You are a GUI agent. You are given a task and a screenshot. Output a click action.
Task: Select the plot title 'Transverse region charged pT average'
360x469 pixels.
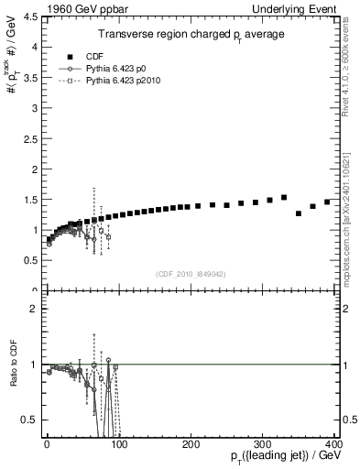[x=193, y=34]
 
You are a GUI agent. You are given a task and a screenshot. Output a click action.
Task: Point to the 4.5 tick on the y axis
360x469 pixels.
[x=29, y=16]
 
